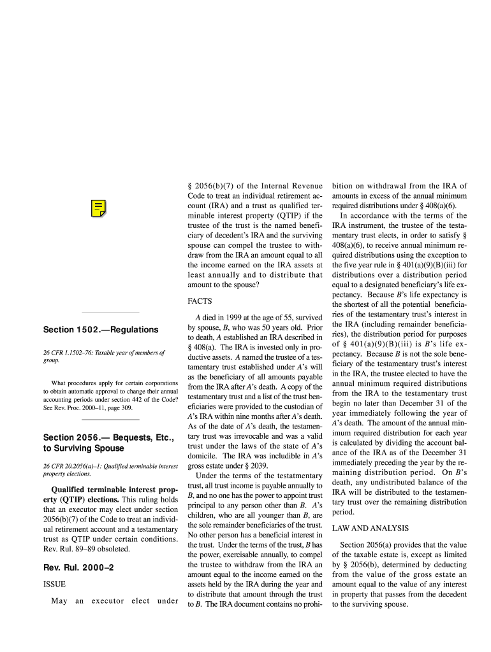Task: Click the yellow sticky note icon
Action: point(98,208)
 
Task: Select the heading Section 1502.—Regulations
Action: point(101,330)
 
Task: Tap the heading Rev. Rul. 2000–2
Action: point(78,567)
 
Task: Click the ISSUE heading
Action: point(54,584)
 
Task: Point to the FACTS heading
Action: point(200,301)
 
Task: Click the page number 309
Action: point(125,407)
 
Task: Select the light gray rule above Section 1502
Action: point(110,313)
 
